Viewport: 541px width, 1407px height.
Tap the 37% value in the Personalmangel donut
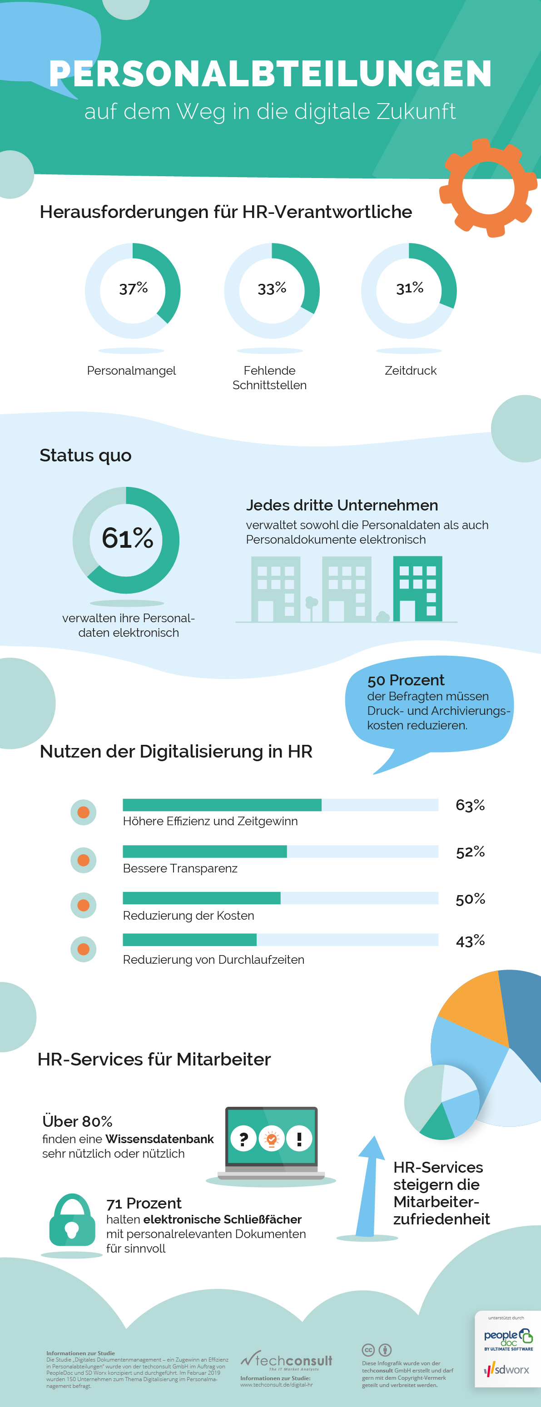tap(134, 288)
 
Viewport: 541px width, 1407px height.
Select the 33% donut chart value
tap(272, 288)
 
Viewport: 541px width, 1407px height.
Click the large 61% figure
tap(127, 539)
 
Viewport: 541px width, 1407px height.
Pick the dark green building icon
tap(417, 589)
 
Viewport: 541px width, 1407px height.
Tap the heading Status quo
tap(85, 456)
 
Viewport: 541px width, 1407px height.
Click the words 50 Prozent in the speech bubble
tap(406, 680)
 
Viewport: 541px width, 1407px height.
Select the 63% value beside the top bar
tap(470, 805)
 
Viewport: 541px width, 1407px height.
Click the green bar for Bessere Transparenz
tap(204, 852)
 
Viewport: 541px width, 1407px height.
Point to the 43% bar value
tap(470, 941)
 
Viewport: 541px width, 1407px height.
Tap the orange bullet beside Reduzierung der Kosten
tap(84, 905)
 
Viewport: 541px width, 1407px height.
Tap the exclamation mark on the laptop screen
tap(299, 1139)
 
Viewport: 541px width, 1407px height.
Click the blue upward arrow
tap(369, 1185)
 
